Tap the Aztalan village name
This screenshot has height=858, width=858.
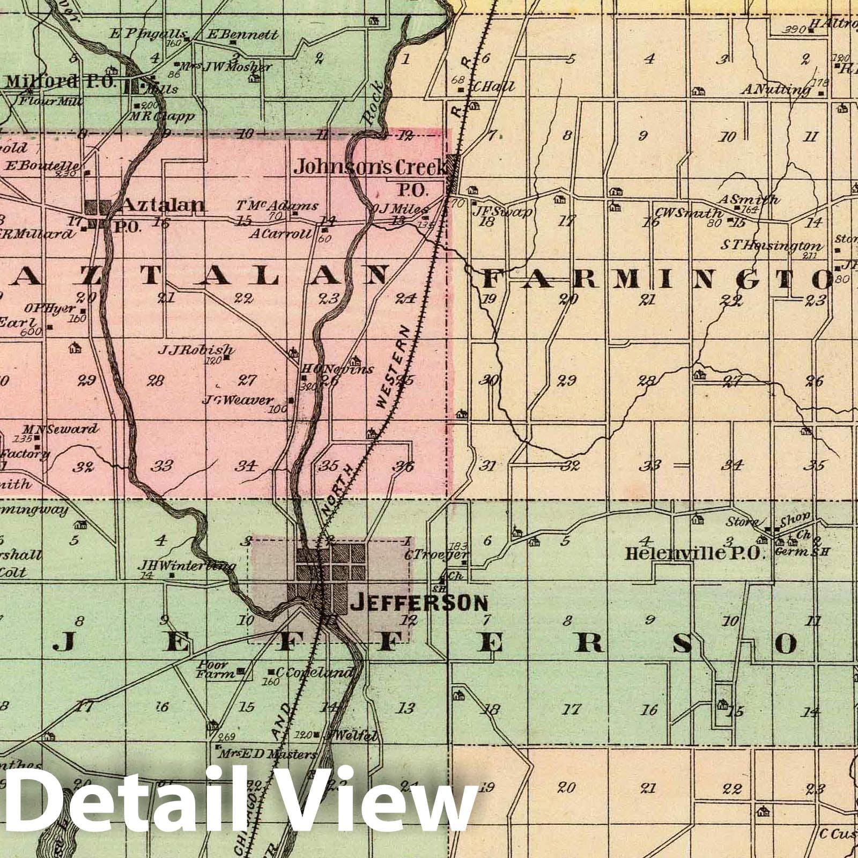[x=164, y=204]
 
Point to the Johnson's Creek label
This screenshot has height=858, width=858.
[x=370, y=168]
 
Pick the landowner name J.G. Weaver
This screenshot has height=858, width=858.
[x=238, y=400]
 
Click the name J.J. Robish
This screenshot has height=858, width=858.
[x=196, y=350]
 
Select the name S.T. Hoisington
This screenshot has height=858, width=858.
[x=771, y=246]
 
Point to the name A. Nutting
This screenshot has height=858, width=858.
[x=776, y=90]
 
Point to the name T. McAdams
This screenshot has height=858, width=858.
[x=277, y=205]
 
